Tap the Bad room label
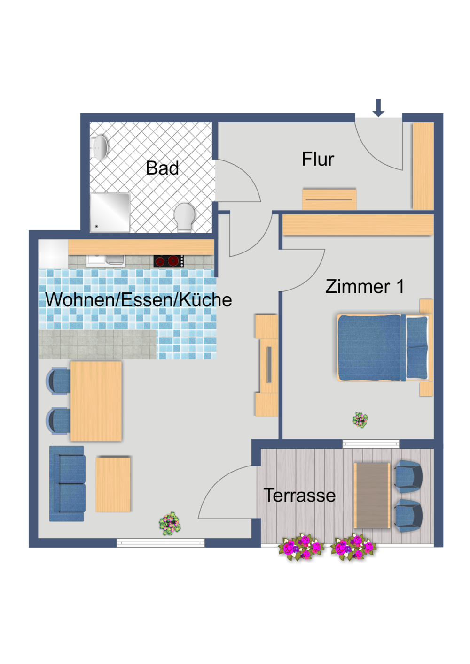[x=162, y=168]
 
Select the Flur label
[x=318, y=160]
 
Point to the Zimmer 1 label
[x=364, y=287]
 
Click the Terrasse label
[x=299, y=496]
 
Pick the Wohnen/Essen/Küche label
[x=138, y=300]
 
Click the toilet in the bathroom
[x=185, y=217]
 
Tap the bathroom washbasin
[x=100, y=147]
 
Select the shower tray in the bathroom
[x=110, y=212]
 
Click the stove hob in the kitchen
[x=168, y=261]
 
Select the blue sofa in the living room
[x=67, y=484]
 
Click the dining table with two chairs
[x=96, y=401]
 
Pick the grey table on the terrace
[x=372, y=496]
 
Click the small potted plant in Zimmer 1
[x=360, y=420]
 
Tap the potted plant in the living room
[x=170, y=524]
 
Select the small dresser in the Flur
[x=329, y=199]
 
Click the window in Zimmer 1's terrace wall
[x=371, y=443]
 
